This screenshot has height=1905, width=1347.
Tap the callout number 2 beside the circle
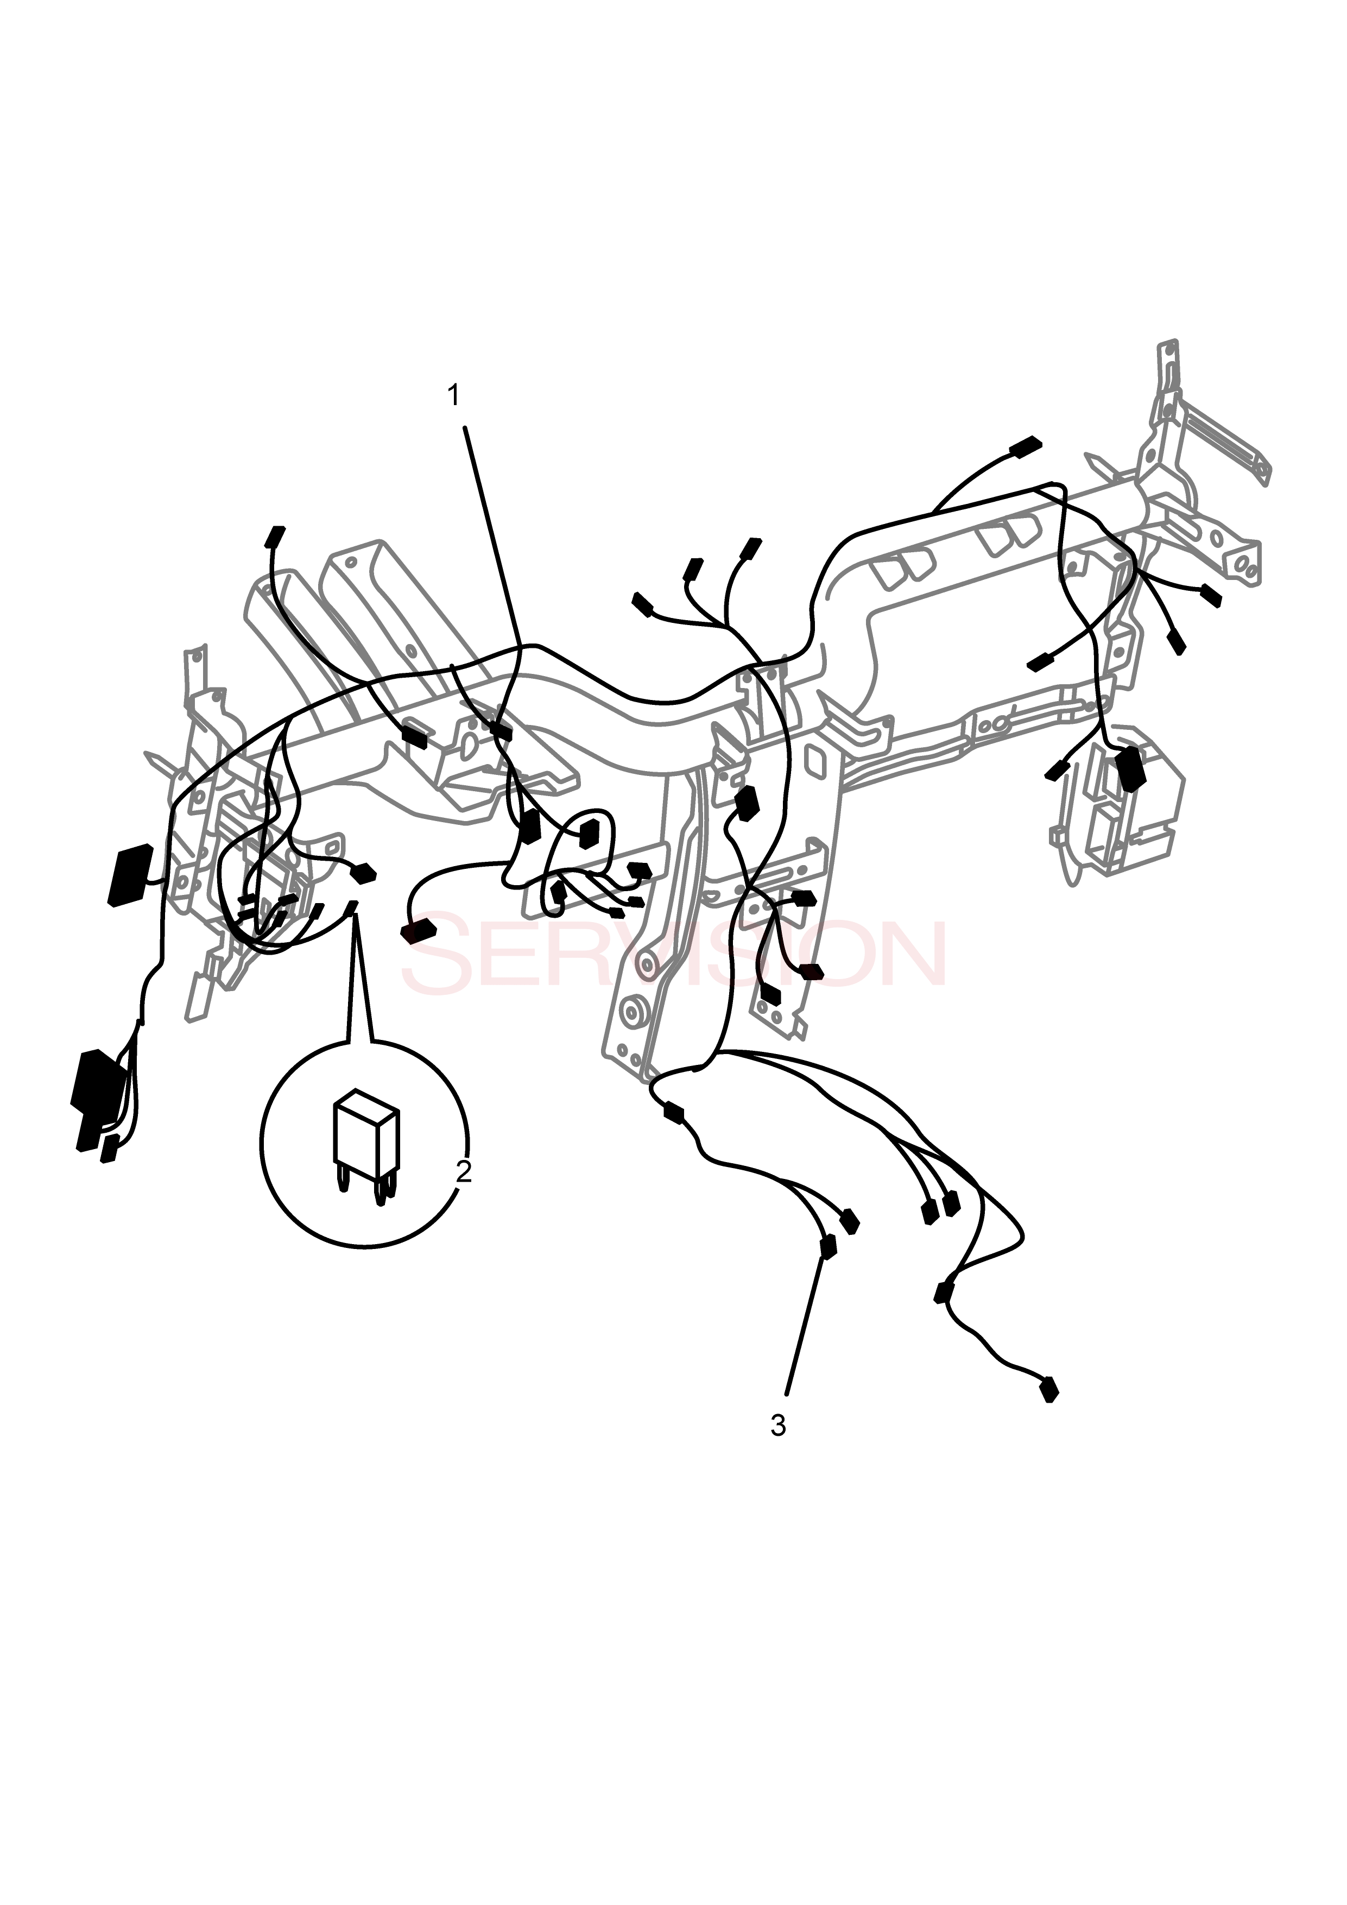[x=464, y=1171]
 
